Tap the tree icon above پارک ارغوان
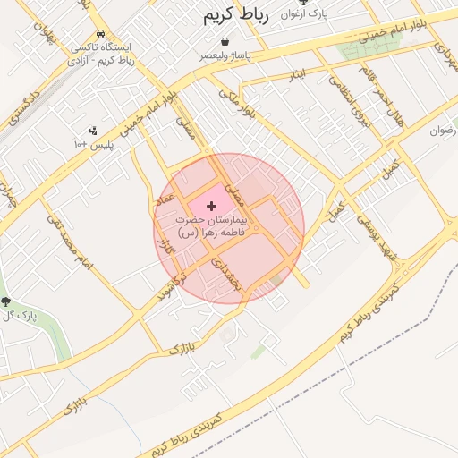(x=314, y=3)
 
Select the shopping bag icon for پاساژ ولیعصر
(x=224, y=41)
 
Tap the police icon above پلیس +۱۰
(x=93, y=131)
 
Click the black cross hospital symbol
(x=211, y=207)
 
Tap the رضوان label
(x=443, y=131)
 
